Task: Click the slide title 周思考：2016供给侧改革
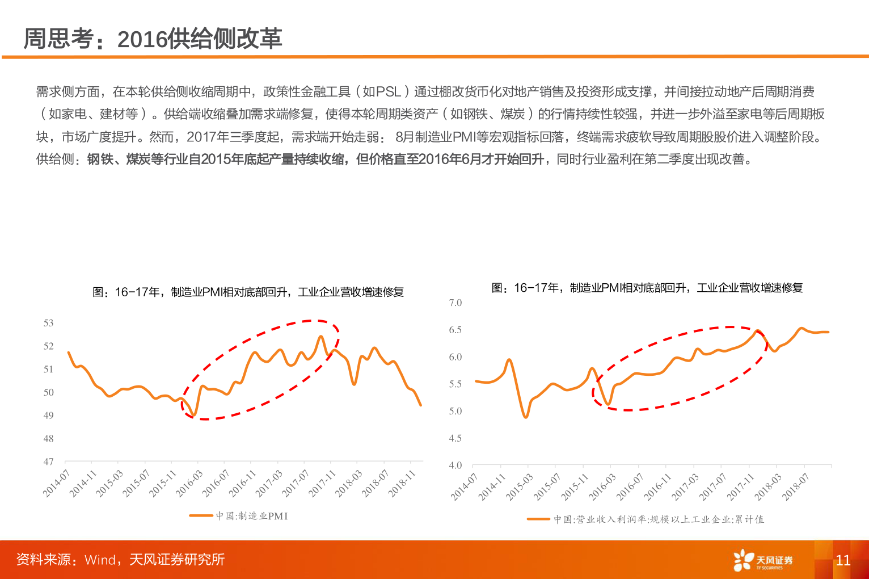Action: coord(153,39)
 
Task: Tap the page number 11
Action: coord(843,560)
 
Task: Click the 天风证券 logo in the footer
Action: coord(763,560)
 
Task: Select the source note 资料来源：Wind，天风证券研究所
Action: coord(120,560)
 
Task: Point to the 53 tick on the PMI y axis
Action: coord(49,323)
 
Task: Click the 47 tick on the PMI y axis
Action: coord(49,461)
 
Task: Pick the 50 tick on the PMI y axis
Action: coord(49,392)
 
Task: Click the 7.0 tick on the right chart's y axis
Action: coord(455,303)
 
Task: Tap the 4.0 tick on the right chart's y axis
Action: coord(455,465)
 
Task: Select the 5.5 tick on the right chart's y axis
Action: coord(455,384)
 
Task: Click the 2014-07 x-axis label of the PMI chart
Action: coord(57,483)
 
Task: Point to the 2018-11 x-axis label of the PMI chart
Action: coord(403,483)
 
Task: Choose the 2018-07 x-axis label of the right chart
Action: coord(796,486)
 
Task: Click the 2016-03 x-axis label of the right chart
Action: coord(602,486)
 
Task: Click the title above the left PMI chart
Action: coord(248,292)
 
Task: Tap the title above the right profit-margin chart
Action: coord(647,288)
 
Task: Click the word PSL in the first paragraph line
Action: coord(389,91)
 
